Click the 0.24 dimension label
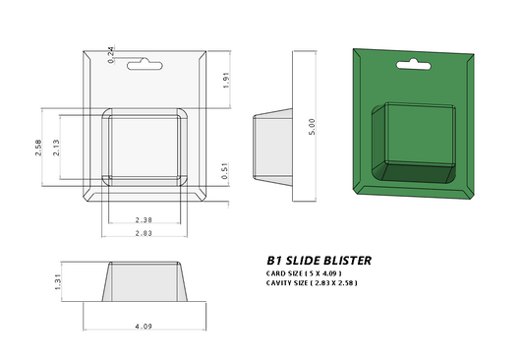click(x=110, y=55)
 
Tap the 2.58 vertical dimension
click(x=38, y=148)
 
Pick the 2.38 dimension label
click(x=144, y=219)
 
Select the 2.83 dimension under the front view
click(x=144, y=233)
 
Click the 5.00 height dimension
click(x=312, y=126)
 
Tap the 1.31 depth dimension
click(x=60, y=283)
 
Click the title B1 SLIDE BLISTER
click(x=319, y=261)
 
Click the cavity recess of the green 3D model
click(x=413, y=148)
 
